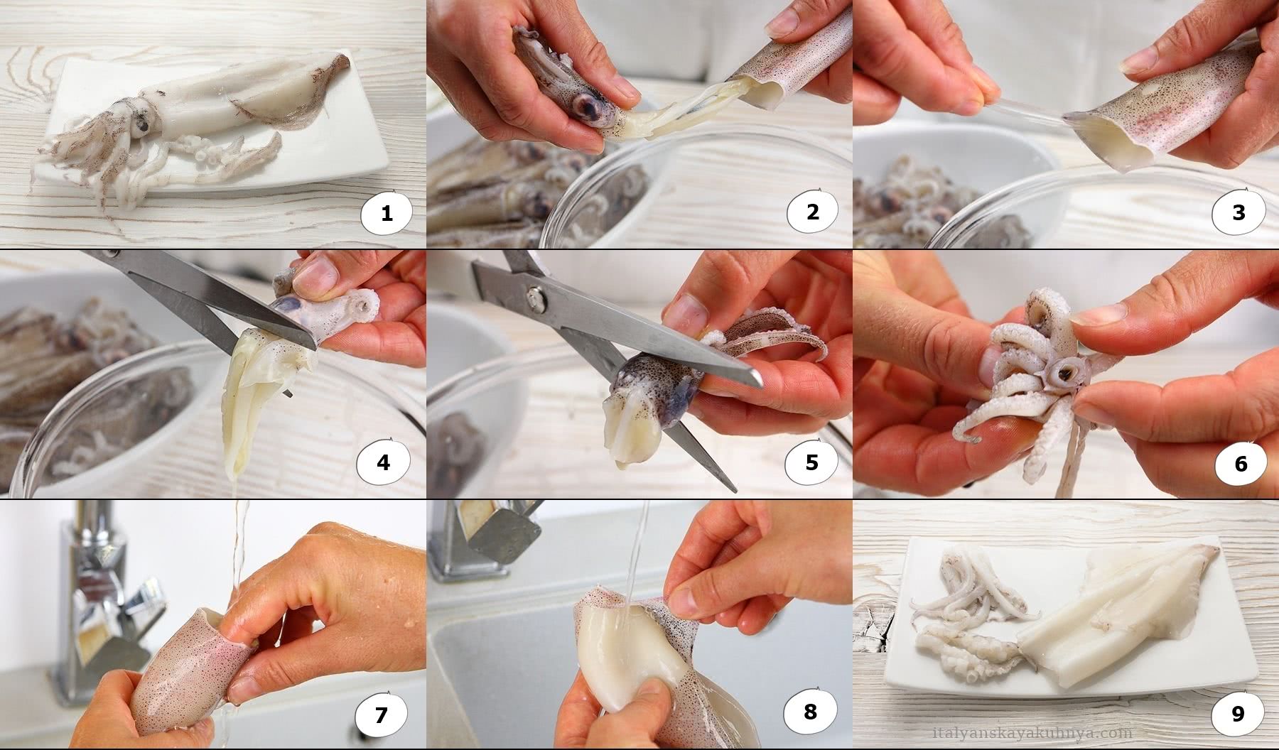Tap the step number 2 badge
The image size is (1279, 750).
point(812,211)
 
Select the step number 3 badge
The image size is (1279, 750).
point(1238,211)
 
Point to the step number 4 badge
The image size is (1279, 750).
point(383,462)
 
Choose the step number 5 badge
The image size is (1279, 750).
point(811,462)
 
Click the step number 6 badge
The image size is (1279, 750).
point(1241,463)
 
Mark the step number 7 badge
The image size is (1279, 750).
point(381,714)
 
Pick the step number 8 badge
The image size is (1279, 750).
point(810,710)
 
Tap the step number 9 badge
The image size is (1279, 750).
point(1238,713)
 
